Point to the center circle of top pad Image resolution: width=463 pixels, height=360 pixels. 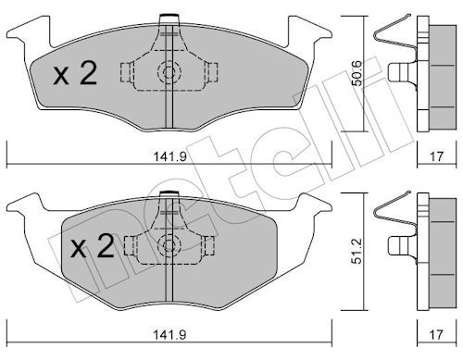point(169,72)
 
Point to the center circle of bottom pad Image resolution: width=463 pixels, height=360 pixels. point(169,245)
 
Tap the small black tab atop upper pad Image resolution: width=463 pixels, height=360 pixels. point(169,16)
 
